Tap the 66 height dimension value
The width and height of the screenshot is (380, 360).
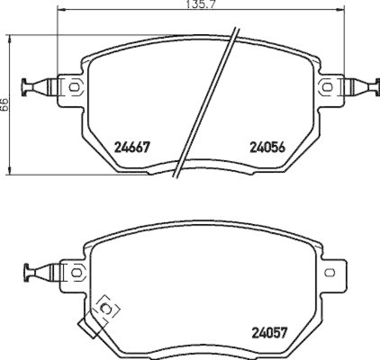[x=4, y=104]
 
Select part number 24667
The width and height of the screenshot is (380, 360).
[x=132, y=148]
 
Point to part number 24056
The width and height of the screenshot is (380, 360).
[x=267, y=148]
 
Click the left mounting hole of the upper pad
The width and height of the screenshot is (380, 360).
[x=74, y=87]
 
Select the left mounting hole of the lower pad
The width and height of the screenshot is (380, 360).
[x=76, y=272]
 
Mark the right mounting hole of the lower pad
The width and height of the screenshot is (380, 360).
[x=330, y=272]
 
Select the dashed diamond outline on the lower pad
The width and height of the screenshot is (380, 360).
[x=107, y=309]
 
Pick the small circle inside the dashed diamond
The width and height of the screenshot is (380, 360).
[x=107, y=310]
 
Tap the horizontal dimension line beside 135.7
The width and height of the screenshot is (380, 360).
[x=119, y=8]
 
